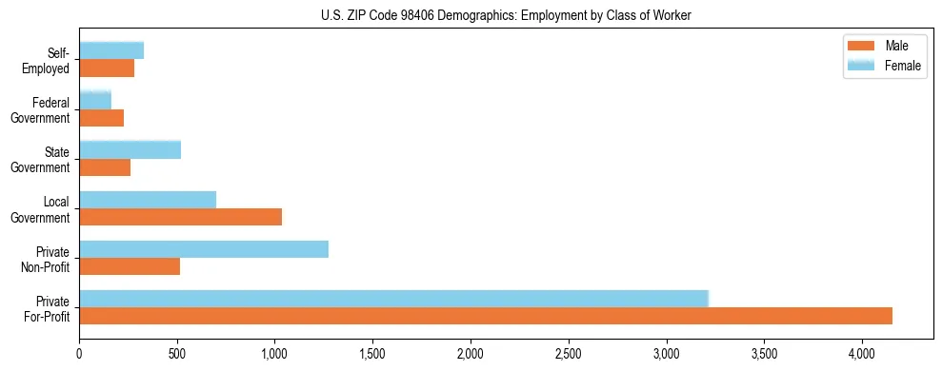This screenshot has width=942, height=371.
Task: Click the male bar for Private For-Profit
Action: [486, 316]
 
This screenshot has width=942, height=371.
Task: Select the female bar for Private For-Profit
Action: [393, 299]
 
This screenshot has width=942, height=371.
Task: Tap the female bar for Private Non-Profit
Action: [204, 249]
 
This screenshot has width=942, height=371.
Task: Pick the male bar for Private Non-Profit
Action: [130, 266]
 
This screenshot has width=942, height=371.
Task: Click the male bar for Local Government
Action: [180, 217]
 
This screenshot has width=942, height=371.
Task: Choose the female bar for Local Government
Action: [148, 200]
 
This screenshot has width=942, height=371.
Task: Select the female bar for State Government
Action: [130, 149]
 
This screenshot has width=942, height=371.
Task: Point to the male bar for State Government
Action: [105, 167]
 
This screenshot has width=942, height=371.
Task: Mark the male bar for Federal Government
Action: [101, 118]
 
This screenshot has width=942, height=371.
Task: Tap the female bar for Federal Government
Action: [95, 100]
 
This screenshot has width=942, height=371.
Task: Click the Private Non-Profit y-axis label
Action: [49, 259]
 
